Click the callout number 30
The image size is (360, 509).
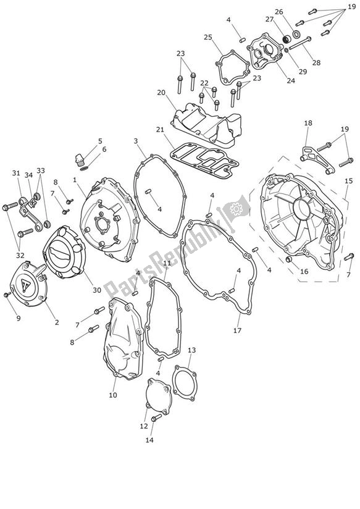click(97, 290)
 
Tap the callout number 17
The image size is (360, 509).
click(237, 330)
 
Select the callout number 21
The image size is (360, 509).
click(160, 130)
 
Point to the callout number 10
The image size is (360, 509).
click(113, 395)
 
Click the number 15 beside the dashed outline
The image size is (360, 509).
click(348, 181)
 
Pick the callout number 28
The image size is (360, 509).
click(317, 62)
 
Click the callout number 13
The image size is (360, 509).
click(192, 350)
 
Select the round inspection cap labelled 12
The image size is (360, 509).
click(159, 396)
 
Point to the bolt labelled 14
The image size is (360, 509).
click(156, 417)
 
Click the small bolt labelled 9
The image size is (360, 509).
click(7, 295)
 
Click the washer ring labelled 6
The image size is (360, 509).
click(84, 169)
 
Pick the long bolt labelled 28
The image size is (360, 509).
click(299, 44)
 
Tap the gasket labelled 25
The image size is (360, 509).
click(233, 67)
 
